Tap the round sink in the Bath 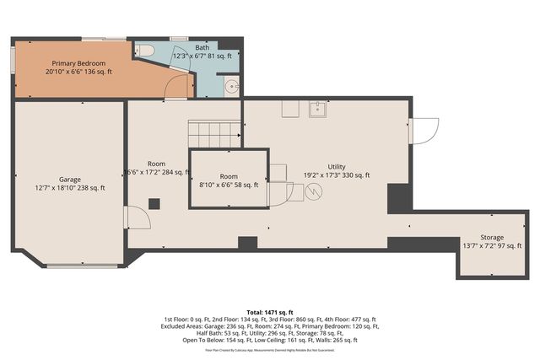point(230,85)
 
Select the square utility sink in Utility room point(318,108)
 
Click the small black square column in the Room point(154,203)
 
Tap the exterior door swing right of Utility point(424,131)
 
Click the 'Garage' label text point(70,179)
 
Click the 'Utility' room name point(337,166)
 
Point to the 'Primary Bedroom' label point(78,63)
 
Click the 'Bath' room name point(203,48)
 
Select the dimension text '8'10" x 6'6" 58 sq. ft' point(229,186)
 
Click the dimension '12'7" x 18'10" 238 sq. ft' point(70,188)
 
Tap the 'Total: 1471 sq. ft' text point(269,312)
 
